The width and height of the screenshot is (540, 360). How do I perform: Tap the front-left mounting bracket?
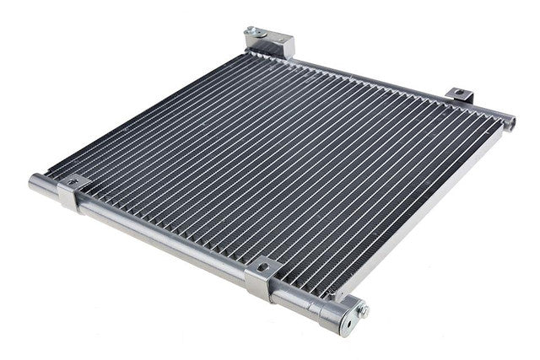[x=72, y=193]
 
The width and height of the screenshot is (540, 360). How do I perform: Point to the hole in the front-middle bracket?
[x=264, y=267]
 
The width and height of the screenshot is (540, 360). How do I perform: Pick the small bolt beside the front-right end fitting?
[x=364, y=310]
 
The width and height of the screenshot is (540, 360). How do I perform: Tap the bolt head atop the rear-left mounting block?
[x=251, y=32]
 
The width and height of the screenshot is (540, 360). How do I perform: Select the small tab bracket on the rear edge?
[x=460, y=95]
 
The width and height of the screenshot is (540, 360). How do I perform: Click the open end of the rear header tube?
[x=509, y=124]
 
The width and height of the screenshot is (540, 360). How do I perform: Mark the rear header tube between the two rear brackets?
[x=371, y=80]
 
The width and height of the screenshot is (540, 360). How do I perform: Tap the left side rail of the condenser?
[x=143, y=110]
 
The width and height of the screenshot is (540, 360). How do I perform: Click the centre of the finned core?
[x=278, y=164]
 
